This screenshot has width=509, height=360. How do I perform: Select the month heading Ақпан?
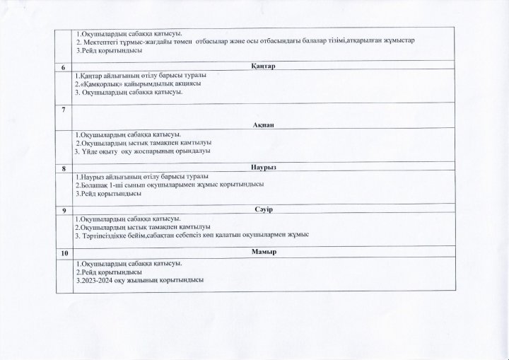[x=262, y=124]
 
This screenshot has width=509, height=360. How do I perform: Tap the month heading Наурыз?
[x=262, y=169]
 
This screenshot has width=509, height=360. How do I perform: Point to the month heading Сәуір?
[x=262, y=210]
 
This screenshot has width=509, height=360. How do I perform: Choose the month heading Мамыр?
[x=262, y=252]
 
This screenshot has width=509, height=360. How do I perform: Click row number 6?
[x=64, y=67]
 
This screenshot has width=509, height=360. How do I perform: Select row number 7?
[x=64, y=110]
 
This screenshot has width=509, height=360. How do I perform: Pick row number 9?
[x=64, y=211]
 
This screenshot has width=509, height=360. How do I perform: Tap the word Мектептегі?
[x=100, y=41]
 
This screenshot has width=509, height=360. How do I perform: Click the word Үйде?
[x=90, y=151]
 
